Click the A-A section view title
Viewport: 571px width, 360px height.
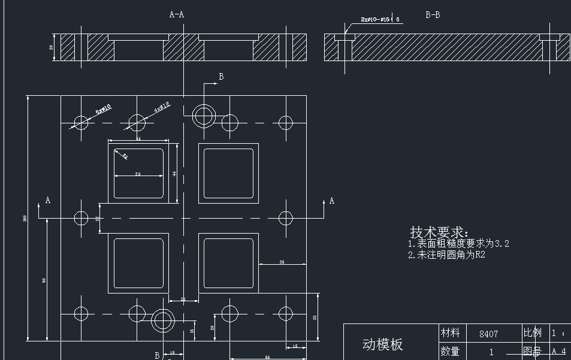[x=176, y=14]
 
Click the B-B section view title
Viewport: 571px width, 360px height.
[x=433, y=15]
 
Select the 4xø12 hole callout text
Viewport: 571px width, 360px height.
[x=162, y=107]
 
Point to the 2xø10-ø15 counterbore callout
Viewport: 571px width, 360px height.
[x=376, y=20]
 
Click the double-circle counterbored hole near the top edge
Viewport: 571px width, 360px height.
[x=204, y=115]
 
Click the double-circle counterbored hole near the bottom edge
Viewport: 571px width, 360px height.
[x=162, y=321]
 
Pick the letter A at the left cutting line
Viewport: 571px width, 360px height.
[x=48, y=200]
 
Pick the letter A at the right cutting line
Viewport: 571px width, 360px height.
[x=331, y=201]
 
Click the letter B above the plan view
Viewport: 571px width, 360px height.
[x=221, y=77]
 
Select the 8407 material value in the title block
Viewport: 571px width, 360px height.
[x=488, y=334]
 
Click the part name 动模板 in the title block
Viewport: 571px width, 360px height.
[x=383, y=344]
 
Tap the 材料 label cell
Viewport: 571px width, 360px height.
[x=450, y=332]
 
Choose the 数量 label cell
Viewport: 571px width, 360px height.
[x=450, y=351]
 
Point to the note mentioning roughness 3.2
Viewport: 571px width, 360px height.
[x=458, y=244]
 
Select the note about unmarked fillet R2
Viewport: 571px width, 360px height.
[x=446, y=255]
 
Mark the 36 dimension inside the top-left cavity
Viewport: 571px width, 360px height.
[x=138, y=174]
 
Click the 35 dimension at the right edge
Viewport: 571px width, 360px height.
[x=315, y=317]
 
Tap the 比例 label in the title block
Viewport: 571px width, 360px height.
[x=532, y=332]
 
